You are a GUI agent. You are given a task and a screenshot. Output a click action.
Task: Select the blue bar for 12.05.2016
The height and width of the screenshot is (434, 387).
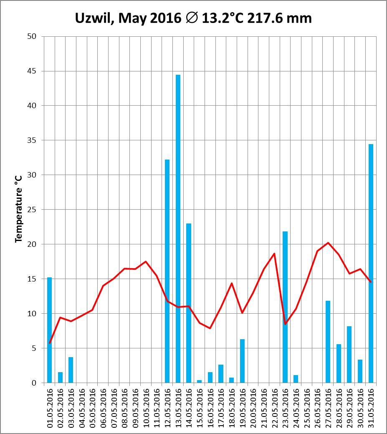click(x=167, y=271)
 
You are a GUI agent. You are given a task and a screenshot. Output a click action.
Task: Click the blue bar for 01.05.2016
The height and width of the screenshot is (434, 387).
click(x=50, y=330)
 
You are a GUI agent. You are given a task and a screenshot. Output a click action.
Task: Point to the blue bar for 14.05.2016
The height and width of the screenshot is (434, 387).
click(x=189, y=303)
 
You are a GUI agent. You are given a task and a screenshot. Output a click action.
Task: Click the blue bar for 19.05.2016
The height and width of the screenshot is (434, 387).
click(x=242, y=361)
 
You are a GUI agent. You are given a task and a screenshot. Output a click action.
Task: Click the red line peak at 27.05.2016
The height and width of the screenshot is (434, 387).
click(x=328, y=243)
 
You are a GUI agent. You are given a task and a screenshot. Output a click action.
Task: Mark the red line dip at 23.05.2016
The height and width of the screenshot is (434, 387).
click(x=285, y=324)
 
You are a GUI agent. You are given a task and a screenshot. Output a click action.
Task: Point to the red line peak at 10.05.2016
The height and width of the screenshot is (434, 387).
click(x=146, y=261)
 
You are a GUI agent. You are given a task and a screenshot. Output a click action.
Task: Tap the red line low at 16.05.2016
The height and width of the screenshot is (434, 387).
click(x=210, y=328)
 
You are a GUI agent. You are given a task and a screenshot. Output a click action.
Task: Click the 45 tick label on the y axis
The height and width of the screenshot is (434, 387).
click(x=32, y=71)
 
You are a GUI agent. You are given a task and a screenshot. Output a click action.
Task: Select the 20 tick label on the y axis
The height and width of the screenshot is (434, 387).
click(x=32, y=244)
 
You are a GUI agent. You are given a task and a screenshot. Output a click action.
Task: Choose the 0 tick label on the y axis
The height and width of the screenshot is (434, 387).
click(x=34, y=383)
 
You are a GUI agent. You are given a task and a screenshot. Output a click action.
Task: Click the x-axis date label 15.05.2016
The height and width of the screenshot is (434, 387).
click(x=200, y=407)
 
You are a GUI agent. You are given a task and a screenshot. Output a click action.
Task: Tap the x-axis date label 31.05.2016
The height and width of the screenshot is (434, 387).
click(x=371, y=407)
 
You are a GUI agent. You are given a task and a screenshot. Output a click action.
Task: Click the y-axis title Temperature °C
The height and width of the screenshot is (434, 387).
click(x=18, y=209)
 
